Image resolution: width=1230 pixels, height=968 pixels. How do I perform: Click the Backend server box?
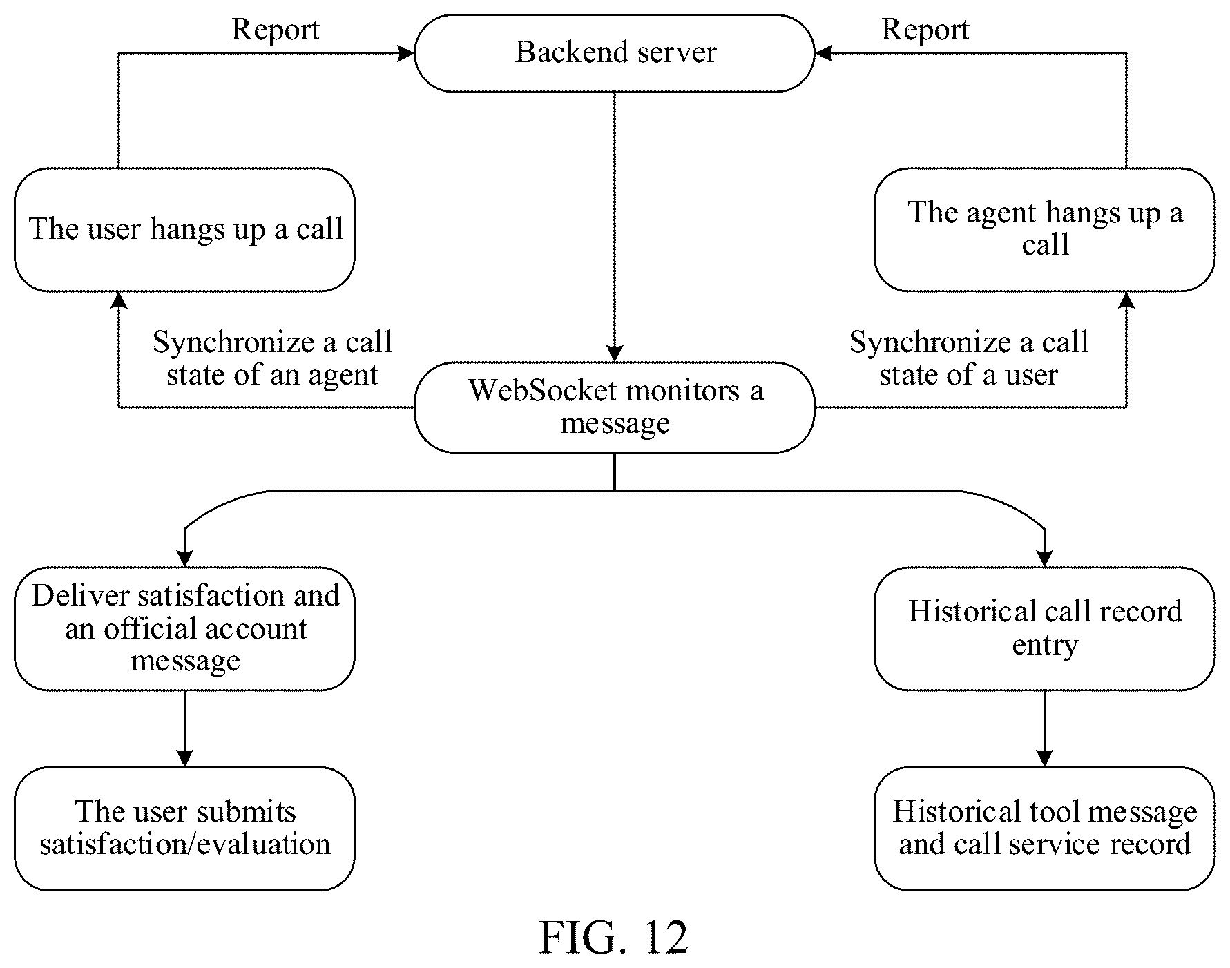[x=615, y=53]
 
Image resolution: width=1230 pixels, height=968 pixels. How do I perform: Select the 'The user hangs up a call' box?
[x=185, y=229]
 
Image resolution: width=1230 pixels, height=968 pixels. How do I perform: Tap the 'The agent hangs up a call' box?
[x=1044, y=229]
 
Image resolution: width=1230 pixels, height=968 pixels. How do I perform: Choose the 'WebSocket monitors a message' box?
[x=615, y=407]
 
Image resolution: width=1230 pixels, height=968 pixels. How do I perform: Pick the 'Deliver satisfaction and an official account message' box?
[x=185, y=628]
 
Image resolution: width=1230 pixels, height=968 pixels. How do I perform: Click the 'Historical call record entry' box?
[x=1044, y=628]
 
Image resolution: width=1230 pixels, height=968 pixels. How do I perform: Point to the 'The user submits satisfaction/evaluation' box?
[x=185, y=828]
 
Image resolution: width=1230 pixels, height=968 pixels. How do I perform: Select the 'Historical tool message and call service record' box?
[x=1044, y=828]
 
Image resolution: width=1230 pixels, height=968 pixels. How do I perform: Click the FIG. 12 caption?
[x=613, y=937]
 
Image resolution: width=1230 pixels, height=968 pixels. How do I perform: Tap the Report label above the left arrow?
[x=276, y=30]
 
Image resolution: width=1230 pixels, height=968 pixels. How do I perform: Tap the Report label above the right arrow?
[x=925, y=30]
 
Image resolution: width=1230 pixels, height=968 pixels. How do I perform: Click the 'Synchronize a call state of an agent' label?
[x=273, y=358]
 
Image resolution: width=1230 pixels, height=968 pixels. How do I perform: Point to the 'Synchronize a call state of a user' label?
[x=969, y=358]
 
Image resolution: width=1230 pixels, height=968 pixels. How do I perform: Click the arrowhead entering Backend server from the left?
[x=406, y=53]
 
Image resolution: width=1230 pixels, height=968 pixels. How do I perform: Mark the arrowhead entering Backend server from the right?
[x=824, y=53]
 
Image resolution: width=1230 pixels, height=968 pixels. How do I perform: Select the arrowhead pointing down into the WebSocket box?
[x=615, y=354]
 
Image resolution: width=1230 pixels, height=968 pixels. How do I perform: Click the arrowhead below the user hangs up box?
[x=119, y=300]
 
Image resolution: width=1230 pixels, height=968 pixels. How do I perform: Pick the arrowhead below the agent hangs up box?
[x=1126, y=300]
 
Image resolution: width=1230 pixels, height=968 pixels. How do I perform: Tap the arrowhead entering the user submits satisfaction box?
[x=184, y=758]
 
